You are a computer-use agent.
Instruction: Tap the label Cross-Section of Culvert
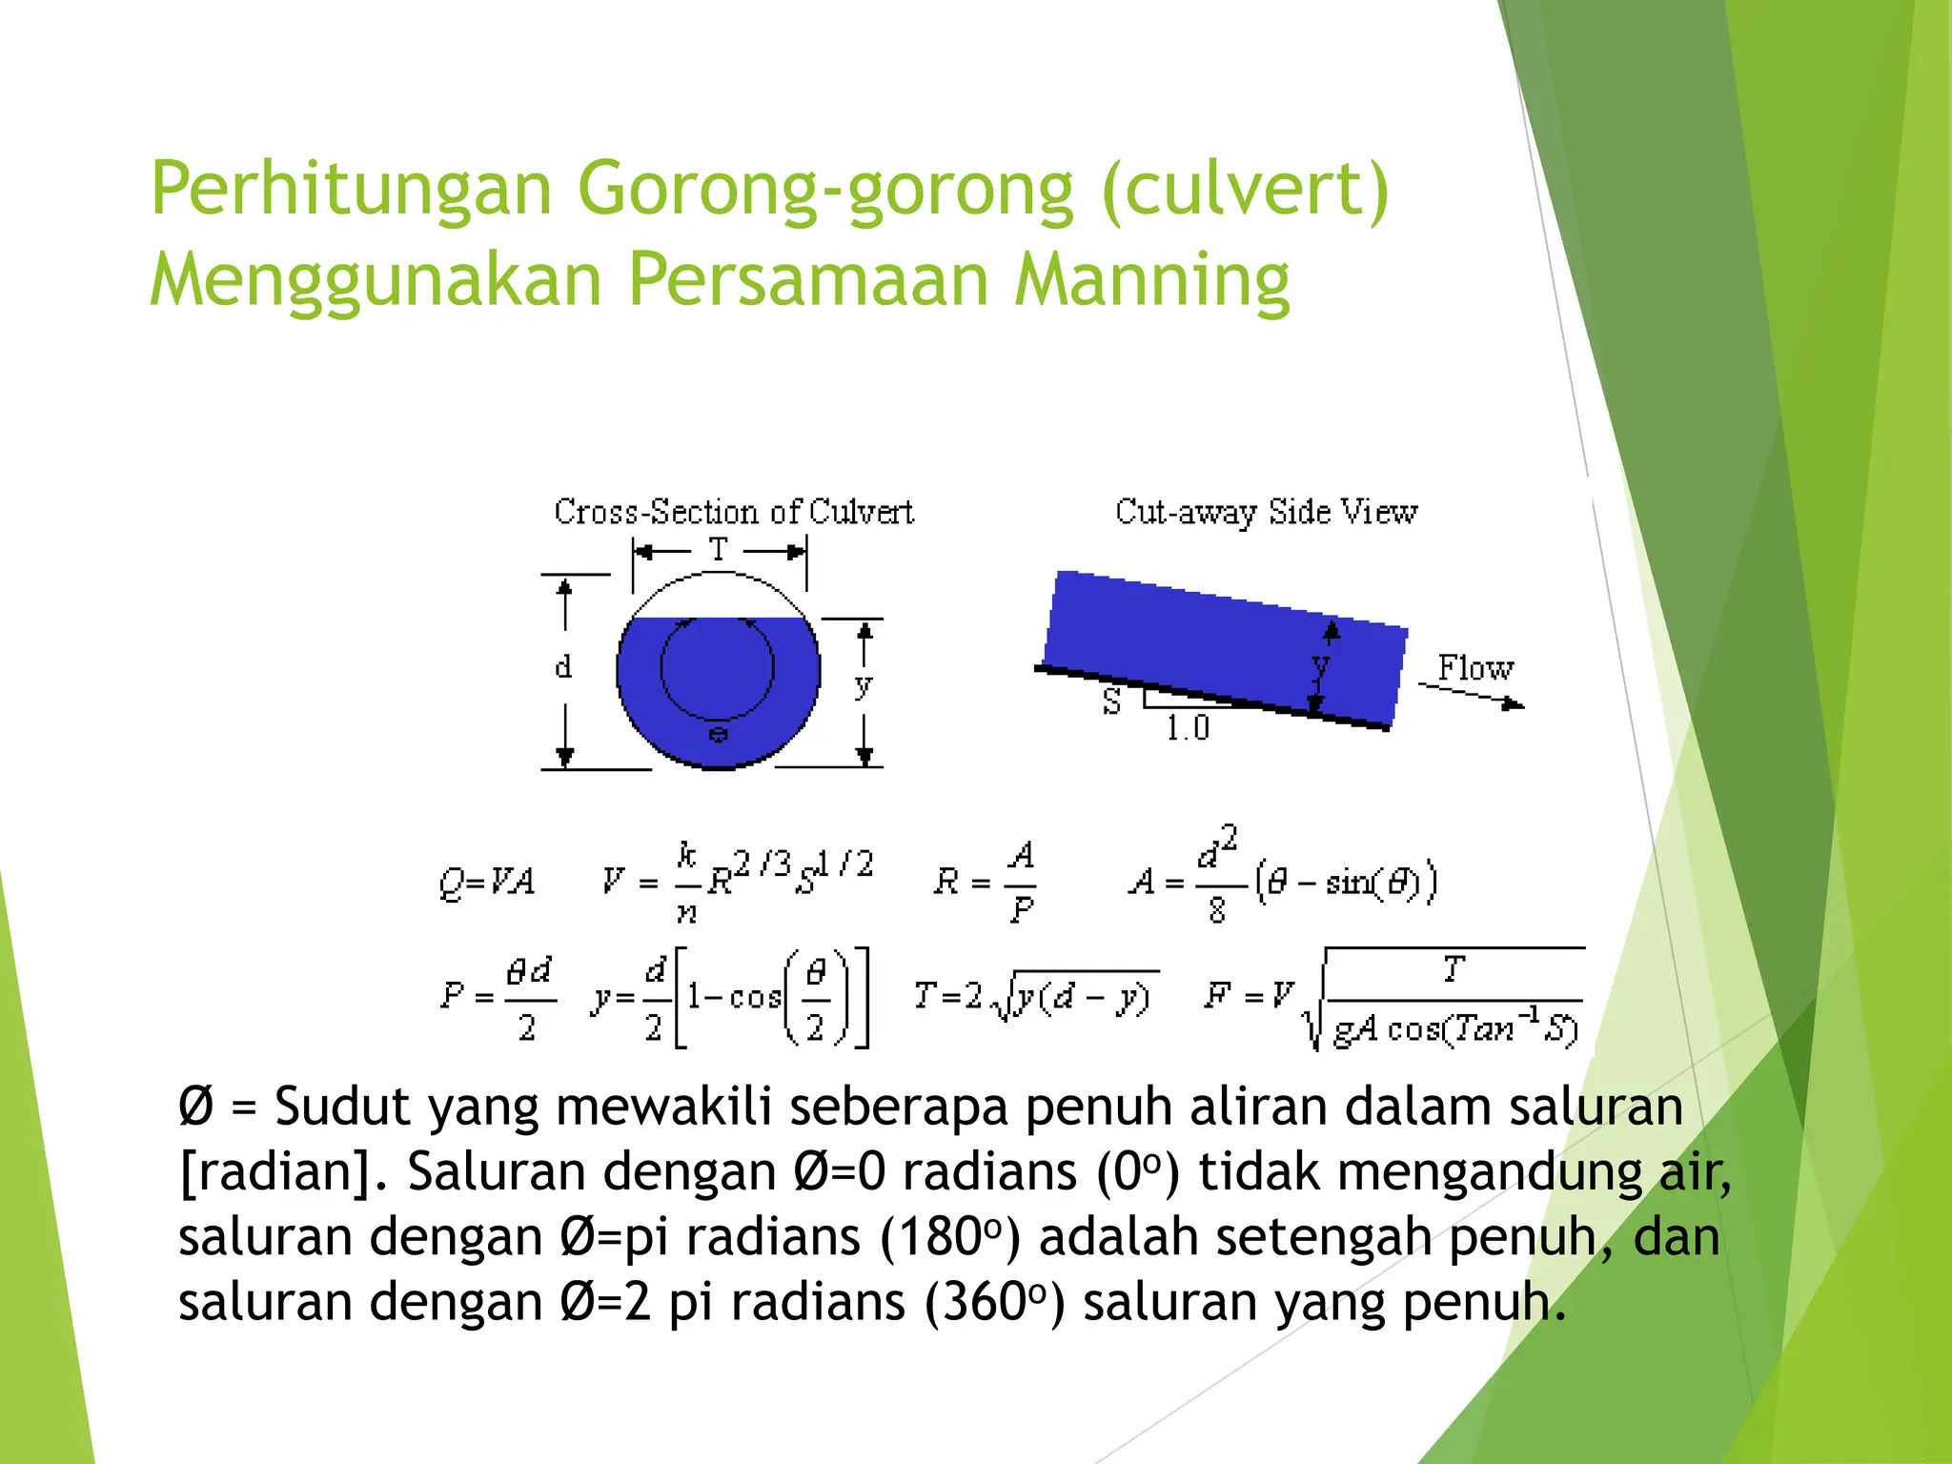(x=733, y=512)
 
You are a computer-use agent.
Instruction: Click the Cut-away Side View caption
(x=1266, y=512)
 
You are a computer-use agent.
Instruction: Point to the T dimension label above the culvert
(x=719, y=550)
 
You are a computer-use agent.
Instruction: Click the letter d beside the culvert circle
(x=563, y=666)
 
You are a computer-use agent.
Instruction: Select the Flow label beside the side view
(x=1474, y=668)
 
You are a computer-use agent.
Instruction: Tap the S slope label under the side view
(x=1111, y=702)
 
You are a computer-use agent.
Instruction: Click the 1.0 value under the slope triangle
(x=1187, y=729)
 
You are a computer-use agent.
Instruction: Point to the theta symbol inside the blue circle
(x=719, y=734)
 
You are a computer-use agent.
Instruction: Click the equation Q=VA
(x=486, y=882)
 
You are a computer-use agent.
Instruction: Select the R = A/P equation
(x=985, y=882)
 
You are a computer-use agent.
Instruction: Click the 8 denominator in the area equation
(x=1217, y=911)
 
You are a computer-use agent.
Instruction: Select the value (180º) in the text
(x=950, y=1237)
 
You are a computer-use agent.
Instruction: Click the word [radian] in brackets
(x=275, y=1172)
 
